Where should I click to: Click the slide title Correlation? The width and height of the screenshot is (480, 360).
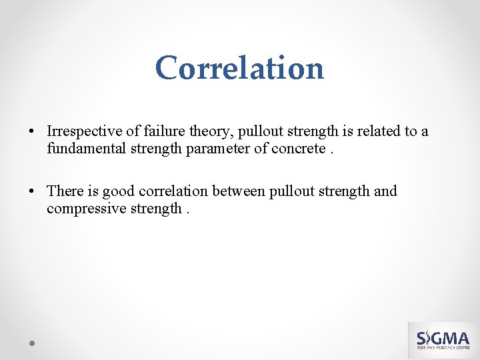[239, 67]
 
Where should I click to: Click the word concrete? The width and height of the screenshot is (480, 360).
[298, 148]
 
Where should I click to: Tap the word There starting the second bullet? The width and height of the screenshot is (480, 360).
[65, 191]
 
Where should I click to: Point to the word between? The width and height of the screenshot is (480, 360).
[239, 191]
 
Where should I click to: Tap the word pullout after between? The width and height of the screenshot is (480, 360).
[291, 191]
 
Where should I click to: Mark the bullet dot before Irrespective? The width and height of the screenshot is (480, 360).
[32, 131]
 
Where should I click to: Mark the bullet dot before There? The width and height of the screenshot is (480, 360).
[32, 191]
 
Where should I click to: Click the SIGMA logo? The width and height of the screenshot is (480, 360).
[443, 340]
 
